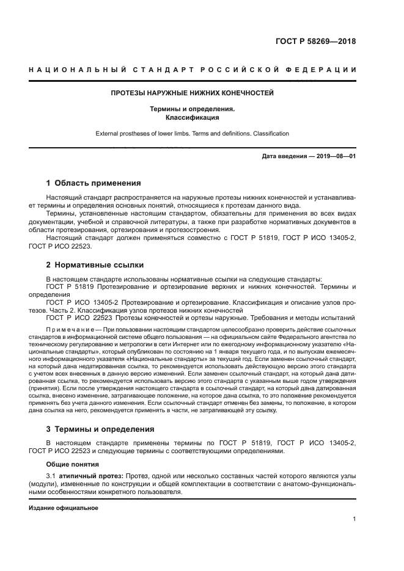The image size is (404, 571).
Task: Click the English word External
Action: pyautogui.click(x=109, y=133)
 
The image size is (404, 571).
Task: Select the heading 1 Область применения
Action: pyautogui.click(x=94, y=183)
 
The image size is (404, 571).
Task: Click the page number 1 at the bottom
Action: pyautogui.click(x=354, y=520)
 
